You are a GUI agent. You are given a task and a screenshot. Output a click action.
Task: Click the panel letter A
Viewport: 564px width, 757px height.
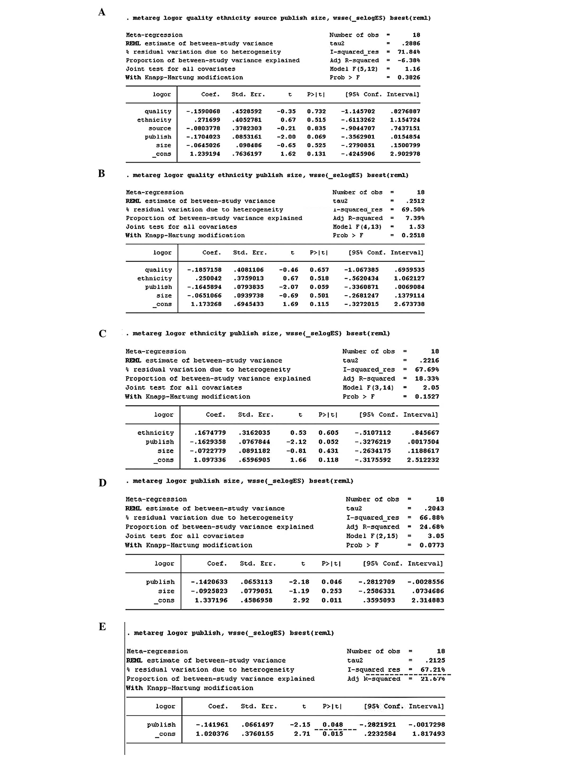(102, 12)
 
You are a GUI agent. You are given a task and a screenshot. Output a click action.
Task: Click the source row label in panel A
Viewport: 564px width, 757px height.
(159, 128)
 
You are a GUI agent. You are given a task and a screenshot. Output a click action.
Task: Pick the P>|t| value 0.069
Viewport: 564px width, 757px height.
(316, 137)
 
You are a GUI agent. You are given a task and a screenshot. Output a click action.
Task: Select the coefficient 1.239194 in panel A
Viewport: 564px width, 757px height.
(205, 154)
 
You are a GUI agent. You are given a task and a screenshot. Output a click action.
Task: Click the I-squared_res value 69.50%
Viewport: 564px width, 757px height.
(413, 210)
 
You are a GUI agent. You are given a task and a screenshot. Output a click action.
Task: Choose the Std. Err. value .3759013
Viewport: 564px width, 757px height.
(249, 279)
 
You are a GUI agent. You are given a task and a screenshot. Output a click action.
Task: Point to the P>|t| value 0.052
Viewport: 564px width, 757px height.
(328, 442)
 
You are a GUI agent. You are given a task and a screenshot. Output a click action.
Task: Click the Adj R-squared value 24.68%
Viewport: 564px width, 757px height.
(432, 527)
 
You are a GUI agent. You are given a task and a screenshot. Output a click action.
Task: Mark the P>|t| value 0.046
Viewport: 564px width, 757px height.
(332, 582)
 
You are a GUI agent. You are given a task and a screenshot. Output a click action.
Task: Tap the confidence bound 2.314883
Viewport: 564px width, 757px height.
(427, 600)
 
